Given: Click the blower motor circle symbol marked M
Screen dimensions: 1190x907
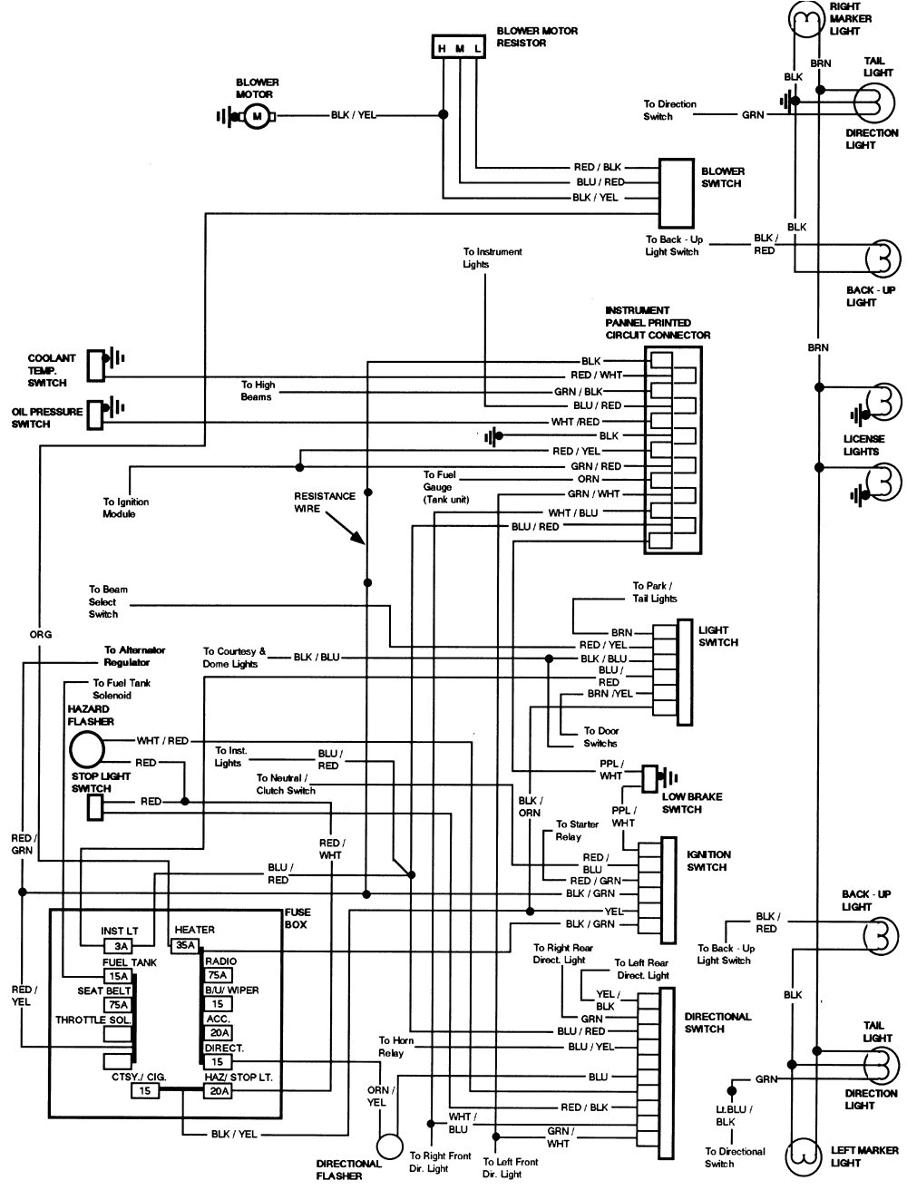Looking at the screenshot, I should [256, 116].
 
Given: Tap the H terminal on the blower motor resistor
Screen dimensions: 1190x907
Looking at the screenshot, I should [443, 48].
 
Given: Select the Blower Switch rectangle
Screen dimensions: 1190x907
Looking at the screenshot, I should [675, 193].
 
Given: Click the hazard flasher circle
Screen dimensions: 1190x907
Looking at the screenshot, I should [86, 750].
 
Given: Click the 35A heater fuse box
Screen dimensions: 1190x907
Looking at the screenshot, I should [185, 944].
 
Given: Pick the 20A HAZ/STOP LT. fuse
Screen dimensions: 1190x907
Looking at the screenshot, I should [219, 1091].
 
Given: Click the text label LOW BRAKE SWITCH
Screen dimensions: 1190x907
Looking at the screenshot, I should [693, 803].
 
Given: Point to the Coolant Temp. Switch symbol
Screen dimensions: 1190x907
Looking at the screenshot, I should [96, 364].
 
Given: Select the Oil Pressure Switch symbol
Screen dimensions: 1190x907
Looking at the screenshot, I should [96, 414].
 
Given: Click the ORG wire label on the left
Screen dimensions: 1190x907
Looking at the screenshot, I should [40, 634].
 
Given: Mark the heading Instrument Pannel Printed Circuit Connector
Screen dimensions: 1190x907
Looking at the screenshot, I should [658, 323].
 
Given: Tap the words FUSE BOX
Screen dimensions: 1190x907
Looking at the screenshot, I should [297, 918].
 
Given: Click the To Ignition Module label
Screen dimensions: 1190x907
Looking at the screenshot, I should [125, 508].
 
